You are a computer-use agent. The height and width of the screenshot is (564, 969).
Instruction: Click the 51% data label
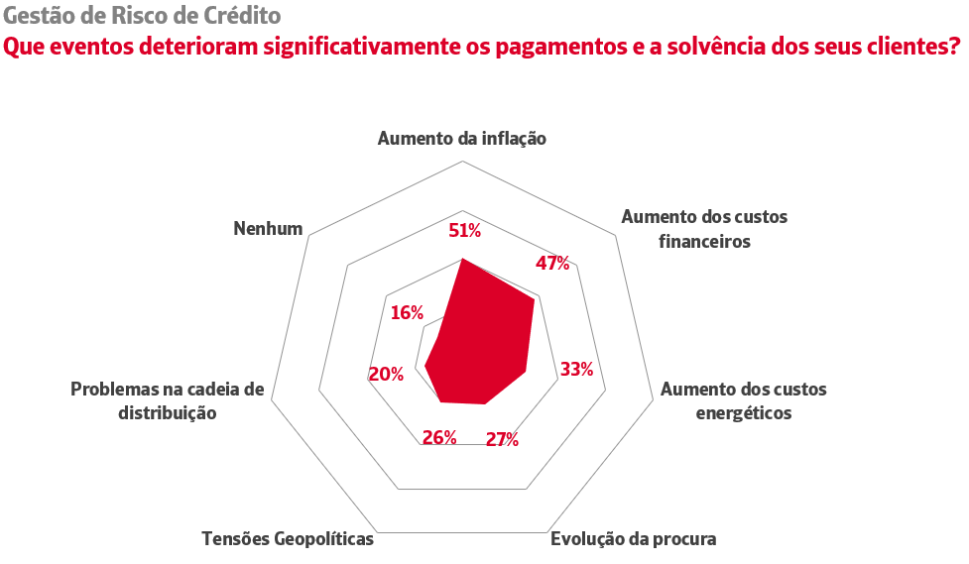click(464, 231)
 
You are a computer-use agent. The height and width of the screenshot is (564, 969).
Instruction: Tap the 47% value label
click(552, 263)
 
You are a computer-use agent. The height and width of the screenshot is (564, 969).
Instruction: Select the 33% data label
click(576, 370)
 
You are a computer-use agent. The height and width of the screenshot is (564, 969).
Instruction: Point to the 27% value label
click(502, 439)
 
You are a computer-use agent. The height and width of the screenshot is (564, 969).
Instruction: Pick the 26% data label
click(438, 437)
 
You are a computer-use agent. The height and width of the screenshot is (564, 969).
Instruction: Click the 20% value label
click(386, 374)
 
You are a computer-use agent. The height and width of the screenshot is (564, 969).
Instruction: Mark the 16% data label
click(407, 312)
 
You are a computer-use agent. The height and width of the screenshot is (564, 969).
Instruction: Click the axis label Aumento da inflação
click(462, 139)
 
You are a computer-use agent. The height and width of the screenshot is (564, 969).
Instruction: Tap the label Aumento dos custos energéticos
click(743, 400)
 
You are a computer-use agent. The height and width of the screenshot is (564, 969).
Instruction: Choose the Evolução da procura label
click(633, 539)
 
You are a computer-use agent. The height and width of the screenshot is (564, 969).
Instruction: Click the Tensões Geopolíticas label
click(288, 539)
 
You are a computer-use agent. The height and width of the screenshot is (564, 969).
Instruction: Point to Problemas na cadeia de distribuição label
click(168, 400)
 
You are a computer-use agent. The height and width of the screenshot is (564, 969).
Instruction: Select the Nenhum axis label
click(268, 228)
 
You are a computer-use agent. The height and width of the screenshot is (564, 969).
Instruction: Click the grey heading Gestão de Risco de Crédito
click(142, 16)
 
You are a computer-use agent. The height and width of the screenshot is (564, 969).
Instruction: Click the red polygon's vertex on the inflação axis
click(463, 259)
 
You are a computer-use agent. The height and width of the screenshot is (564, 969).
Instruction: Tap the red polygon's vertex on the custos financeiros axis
click(535, 298)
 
